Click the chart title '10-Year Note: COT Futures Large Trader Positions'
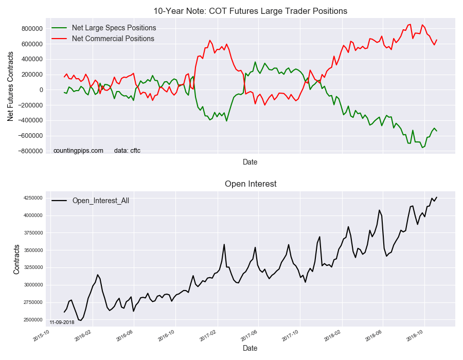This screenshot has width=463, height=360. coord(250,11)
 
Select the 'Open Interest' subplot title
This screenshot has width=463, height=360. coord(250,184)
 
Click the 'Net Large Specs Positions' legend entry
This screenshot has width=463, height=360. coord(114,28)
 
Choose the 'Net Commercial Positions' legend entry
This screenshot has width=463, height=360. coord(113,39)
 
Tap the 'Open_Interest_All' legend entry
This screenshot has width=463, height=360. coord(100,201)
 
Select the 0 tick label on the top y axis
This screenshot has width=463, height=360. coord(41,90)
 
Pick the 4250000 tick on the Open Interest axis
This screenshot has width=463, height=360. coord(32,198)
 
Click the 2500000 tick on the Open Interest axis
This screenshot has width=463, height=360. coord(32,320)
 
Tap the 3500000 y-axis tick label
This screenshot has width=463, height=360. coord(32,250)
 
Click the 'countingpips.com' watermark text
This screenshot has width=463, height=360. coord(78,151)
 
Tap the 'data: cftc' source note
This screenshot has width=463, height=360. coord(127,151)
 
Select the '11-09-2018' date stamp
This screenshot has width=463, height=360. coord(62,322)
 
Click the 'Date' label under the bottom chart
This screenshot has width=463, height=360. coord(250,348)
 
